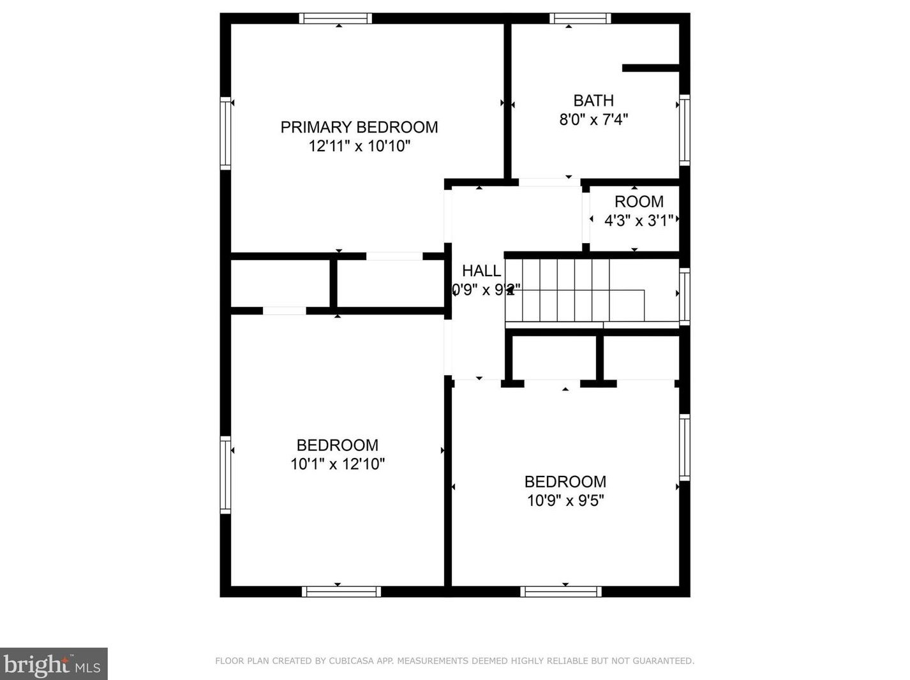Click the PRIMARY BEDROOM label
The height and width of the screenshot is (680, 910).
tap(359, 127)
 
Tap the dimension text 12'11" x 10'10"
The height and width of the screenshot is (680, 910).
tap(359, 146)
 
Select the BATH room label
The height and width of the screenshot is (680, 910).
tap(593, 101)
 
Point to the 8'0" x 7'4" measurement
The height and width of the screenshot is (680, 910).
tap(593, 119)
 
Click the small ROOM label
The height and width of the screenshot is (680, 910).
tap(639, 202)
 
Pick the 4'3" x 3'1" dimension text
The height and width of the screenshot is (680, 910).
tap(639, 221)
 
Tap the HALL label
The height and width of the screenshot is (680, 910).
tap(481, 270)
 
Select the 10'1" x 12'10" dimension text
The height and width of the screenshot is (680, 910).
tap(338, 464)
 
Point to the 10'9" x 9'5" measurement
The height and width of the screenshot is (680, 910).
tap(565, 500)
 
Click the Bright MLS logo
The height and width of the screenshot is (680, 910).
tap(54, 664)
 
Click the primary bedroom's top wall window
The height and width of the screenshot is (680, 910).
tap(336, 18)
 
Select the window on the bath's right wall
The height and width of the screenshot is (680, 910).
tap(684, 129)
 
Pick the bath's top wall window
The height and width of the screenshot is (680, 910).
tap(580, 18)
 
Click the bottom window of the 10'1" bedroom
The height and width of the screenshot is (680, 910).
tap(341, 592)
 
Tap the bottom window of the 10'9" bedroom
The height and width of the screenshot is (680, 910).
tap(561, 592)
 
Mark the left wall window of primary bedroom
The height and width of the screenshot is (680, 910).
tap(225, 133)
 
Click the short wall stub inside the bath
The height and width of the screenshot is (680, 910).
tap(650, 68)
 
